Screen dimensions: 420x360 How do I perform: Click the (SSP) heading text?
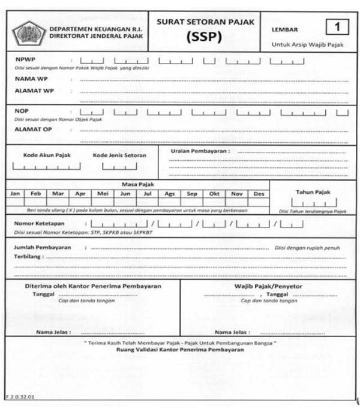pos(206,37)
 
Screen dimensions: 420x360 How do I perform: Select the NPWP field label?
pos(25,60)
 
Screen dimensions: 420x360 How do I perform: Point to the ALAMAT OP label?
pos(33,128)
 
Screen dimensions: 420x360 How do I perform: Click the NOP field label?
pos(22,111)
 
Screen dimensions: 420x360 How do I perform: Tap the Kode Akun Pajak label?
pos(47,155)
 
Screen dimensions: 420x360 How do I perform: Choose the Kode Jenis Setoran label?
pos(119,155)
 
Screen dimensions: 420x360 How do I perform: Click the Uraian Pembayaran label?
pos(199,151)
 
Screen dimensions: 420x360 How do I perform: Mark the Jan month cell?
pos(16,194)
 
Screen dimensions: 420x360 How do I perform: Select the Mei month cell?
pos(103,194)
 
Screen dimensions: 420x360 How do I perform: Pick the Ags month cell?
pos(170,194)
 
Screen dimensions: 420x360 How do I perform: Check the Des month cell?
pos(259,194)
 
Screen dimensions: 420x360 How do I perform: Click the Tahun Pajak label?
pos(313,192)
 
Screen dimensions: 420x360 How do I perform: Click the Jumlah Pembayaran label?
pos(42,247)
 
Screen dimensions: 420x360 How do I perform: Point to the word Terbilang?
pos(28,256)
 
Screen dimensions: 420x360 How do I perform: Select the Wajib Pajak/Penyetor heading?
pos(268,286)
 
